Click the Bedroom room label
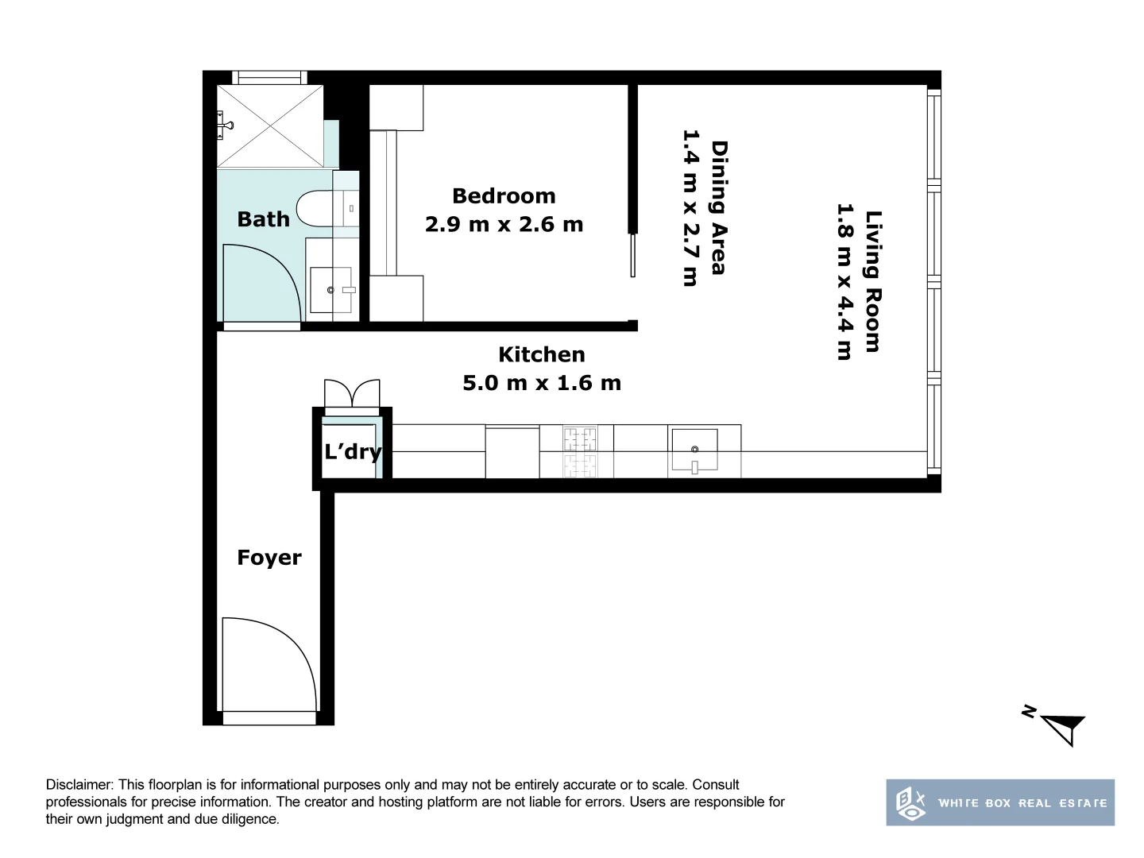pos(504,195)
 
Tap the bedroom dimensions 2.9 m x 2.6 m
pos(504,225)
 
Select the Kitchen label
pos(541,354)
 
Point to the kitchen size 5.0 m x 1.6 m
pos(541,383)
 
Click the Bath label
pos(263,219)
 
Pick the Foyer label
pos(269,558)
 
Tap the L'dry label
pos(353,452)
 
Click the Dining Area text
pos(719,208)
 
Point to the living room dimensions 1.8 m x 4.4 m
pos(844,281)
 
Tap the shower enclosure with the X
pos(270,126)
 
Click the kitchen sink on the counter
pos(694,451)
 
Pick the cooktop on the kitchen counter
pos(580,450)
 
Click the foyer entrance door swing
pos(266,663)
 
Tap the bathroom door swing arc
pos(261,282)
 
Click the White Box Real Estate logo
pos(1000,802)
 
